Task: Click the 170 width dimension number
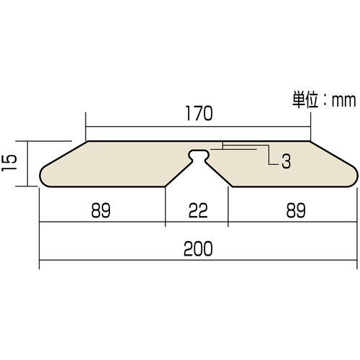coord(199,113)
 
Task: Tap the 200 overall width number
coord(198,248)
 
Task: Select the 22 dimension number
coord(198,210)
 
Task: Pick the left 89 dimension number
coord(101,210)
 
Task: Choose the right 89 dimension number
coord(296,210)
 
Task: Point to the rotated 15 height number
coord(9,163)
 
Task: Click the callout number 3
coord(286,161)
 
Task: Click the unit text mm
coord(343,101)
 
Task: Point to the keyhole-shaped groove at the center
coord(198,156)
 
